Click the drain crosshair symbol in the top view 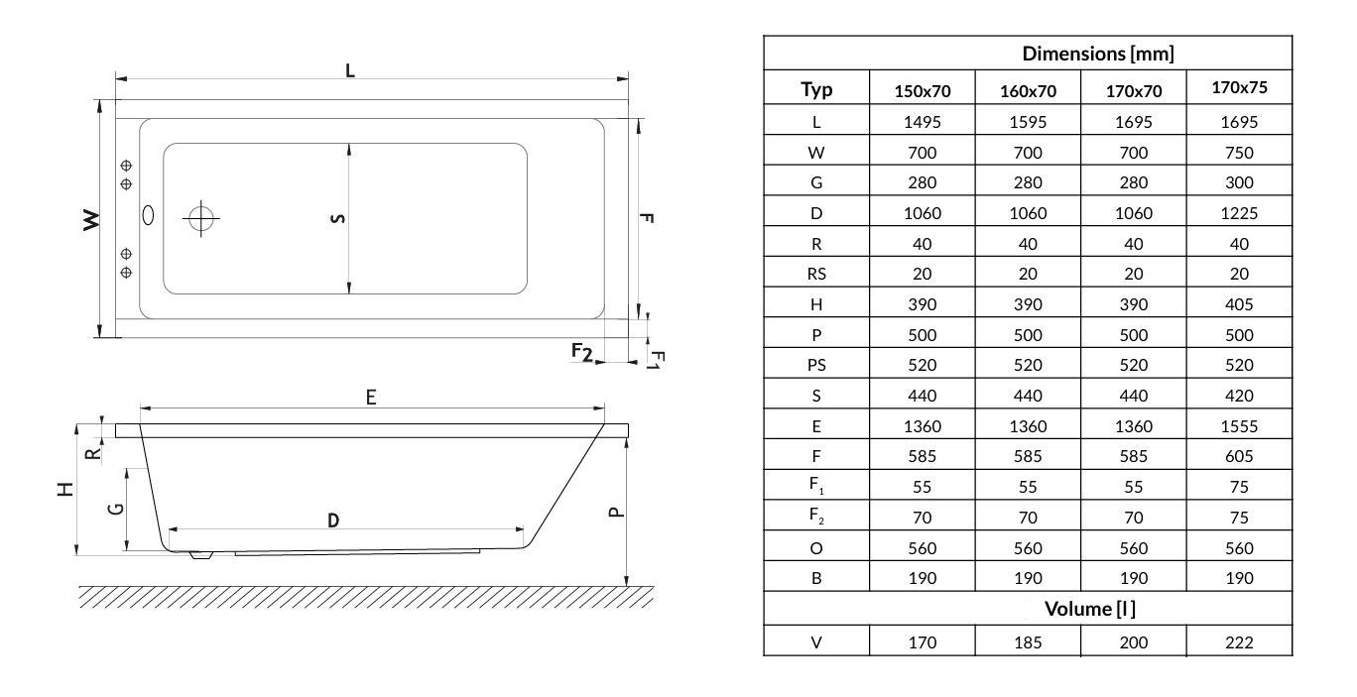pyautogui.click(x=201, y=217)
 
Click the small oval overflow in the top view pyautogui.click(x=149, y=213)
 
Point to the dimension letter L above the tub pyautogui.click(x=349, y=69)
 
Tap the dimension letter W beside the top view pyautogui.click(x=91, y=220)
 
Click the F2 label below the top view pyautogui.click(x=581, y=351)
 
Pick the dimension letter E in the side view pyautogui.click(x=371, y=397)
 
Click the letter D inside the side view pyautogui.click(x=333, y=520)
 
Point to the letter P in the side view pyautogui.click(x=615, y=512)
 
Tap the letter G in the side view pyautogui.click(x=116, y=508)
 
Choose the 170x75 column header pyautogui.click(x=1239, y=87)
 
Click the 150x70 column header pyautogui.click(x=923, y=91)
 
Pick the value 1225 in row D pyautogui.click(x=1239, y=213)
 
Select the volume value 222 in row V pyautogui.click(x=1239, y=642)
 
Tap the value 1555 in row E pyautogui.click(x=1239, y=426)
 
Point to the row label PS pyautogui.click(x=816, y=365)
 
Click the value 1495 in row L pyautogui.click(x=923, y=123)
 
